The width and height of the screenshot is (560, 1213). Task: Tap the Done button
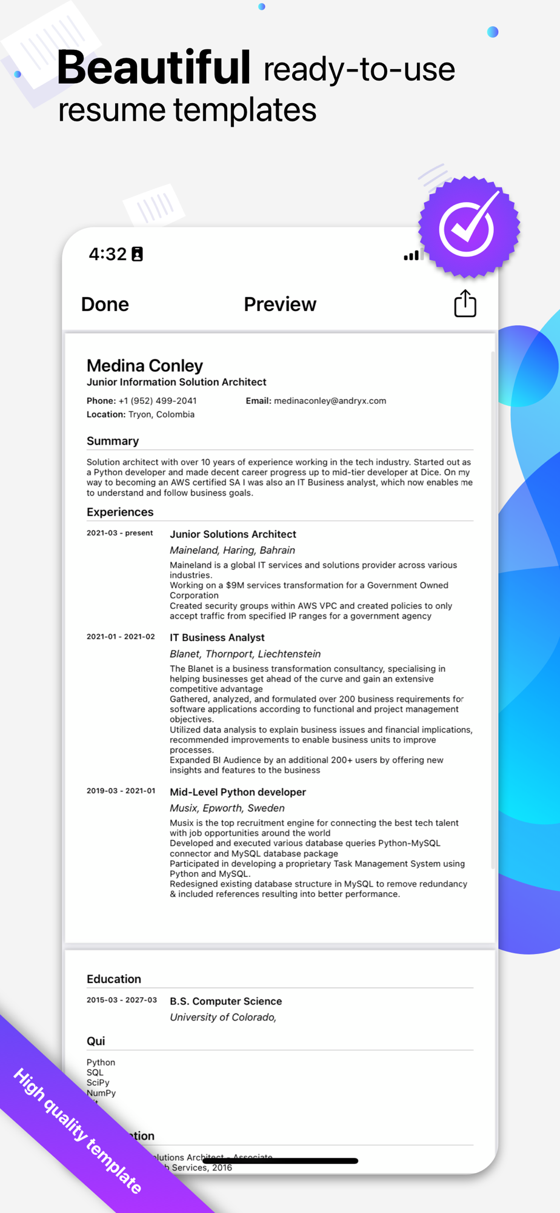coord(105,304)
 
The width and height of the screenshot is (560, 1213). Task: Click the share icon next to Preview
coord(465,303)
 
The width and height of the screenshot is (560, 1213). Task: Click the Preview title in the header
coord(279,304)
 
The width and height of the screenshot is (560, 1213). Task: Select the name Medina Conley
coord(145,366)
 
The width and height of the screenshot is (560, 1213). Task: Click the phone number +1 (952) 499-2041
coord(158,401)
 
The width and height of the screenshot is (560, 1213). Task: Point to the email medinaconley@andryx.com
coord(330,401)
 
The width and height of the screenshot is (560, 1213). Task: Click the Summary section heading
coord(113,441)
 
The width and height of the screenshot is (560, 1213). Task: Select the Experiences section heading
coord(120,512)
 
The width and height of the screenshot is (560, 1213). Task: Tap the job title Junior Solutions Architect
coord(233,534)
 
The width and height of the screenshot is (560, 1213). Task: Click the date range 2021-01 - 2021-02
coord(121,637)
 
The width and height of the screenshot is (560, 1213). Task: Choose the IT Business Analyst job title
coord(217,637)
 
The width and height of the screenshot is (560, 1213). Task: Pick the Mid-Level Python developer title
coord(238,792)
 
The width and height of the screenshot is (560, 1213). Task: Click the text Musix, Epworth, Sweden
coord(227,808)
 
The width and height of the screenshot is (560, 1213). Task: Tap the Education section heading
coord(114,979)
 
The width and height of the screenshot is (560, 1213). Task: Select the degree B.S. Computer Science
coord(225,1001)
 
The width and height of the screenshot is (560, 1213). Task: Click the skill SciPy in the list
coord(98,1083)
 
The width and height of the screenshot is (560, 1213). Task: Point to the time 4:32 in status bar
coord(108,254)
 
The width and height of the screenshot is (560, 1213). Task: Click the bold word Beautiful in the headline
coord(153,68)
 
